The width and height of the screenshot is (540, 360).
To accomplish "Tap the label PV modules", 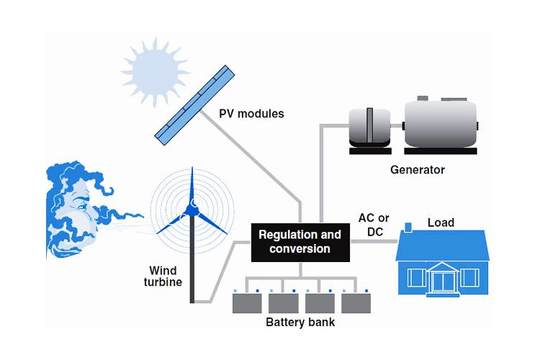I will pos(251,114).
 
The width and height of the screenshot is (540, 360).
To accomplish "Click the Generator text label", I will pos(418,171).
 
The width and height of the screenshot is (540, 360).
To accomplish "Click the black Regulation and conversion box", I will pos(300,242).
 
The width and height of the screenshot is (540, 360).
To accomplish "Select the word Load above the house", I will pos(441,222).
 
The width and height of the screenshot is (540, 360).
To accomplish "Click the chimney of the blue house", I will pos(408,229).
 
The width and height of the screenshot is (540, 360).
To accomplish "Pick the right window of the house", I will pos(468,277).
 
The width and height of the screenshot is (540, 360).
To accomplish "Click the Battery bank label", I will pos(300,322).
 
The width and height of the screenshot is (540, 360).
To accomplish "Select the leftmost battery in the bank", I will pos(246,302).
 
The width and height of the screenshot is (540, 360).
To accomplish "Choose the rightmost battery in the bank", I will pos(356,302).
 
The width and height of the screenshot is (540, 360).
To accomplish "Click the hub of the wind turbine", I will pos(192,209).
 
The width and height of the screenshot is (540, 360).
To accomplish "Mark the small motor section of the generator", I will pos(369,128).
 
